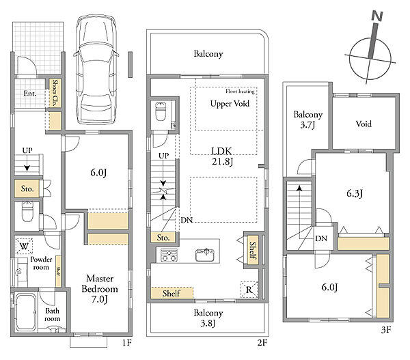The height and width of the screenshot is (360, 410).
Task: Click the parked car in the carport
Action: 96,69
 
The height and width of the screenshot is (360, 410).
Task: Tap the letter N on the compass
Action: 377,16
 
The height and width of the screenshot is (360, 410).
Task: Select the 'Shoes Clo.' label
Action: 55,92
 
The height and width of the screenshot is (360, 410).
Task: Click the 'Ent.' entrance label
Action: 30,94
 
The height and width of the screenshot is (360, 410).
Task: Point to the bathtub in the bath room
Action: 25,312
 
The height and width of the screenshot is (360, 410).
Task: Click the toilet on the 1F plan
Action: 27,212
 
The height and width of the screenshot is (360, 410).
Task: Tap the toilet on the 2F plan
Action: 161,111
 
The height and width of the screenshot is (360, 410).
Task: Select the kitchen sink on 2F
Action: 205,255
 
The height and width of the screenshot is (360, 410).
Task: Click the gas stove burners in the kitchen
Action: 169,255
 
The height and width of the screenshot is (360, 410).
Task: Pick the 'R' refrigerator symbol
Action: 249,290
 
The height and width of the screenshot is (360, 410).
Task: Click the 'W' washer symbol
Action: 24,246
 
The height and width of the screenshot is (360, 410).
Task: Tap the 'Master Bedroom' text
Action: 100,283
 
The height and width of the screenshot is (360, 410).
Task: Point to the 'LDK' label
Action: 221,151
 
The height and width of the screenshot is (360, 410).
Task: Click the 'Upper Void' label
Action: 230,104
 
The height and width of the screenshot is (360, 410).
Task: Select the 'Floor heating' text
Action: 240,92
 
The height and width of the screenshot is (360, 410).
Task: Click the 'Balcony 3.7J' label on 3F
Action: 307,120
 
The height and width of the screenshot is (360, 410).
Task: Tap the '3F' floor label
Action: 386,330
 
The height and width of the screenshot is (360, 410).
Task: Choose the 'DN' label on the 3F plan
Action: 321,238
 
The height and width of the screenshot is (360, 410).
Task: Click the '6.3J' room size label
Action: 355,193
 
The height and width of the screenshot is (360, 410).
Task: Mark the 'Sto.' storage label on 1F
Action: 27,189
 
